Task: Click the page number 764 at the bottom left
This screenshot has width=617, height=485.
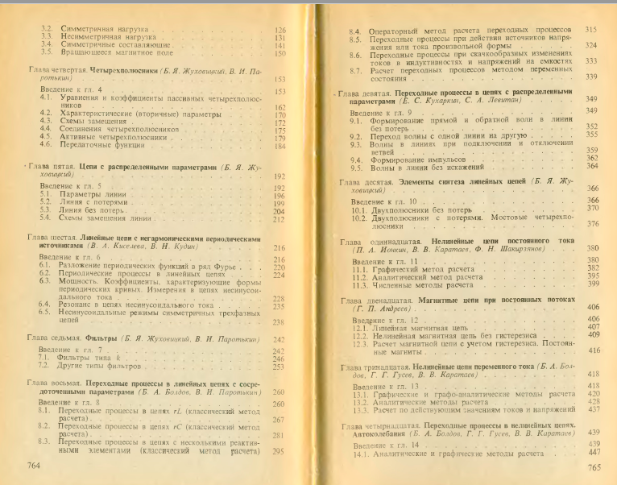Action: click(x=35, y=466)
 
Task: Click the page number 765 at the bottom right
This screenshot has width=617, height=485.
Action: click(x=595, y=467)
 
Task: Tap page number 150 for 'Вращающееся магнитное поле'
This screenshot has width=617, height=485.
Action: click(x=280, y=53)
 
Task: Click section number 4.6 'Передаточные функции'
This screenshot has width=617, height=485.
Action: click(x=47, y=146)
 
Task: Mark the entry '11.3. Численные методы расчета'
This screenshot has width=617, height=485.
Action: click(x=414, y=283)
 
